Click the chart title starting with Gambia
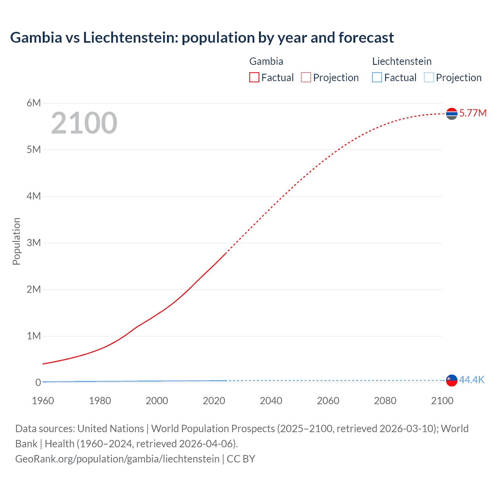click(x=202, y=38)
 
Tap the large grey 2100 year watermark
click(x=84, y=123)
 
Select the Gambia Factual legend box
click(x=254, y=77)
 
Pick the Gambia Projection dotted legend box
click(x=306, y=77)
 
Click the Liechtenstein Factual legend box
click(x=377, y=77)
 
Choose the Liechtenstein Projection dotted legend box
click(x=429, y=77)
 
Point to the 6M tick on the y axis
click(x=34, y=103)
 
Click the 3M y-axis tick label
click(x=34, y=243)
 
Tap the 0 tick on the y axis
click(x=38, y=382)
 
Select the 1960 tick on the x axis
click(x=43, y=401)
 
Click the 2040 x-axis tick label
click(x=271, y=401)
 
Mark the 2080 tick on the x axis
click(x=385, y=401)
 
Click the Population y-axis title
click(x=16, y=241)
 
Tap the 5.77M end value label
click(x=473, y=113)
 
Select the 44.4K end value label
click(x=472, y=380)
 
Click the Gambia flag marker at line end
click(x=452, y=114)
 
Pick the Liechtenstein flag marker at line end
click(x=452, y=381)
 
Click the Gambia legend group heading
click(x=266, y=61)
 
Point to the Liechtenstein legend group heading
click(x=402, y=61)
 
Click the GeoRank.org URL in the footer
click(x=117, y=459)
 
